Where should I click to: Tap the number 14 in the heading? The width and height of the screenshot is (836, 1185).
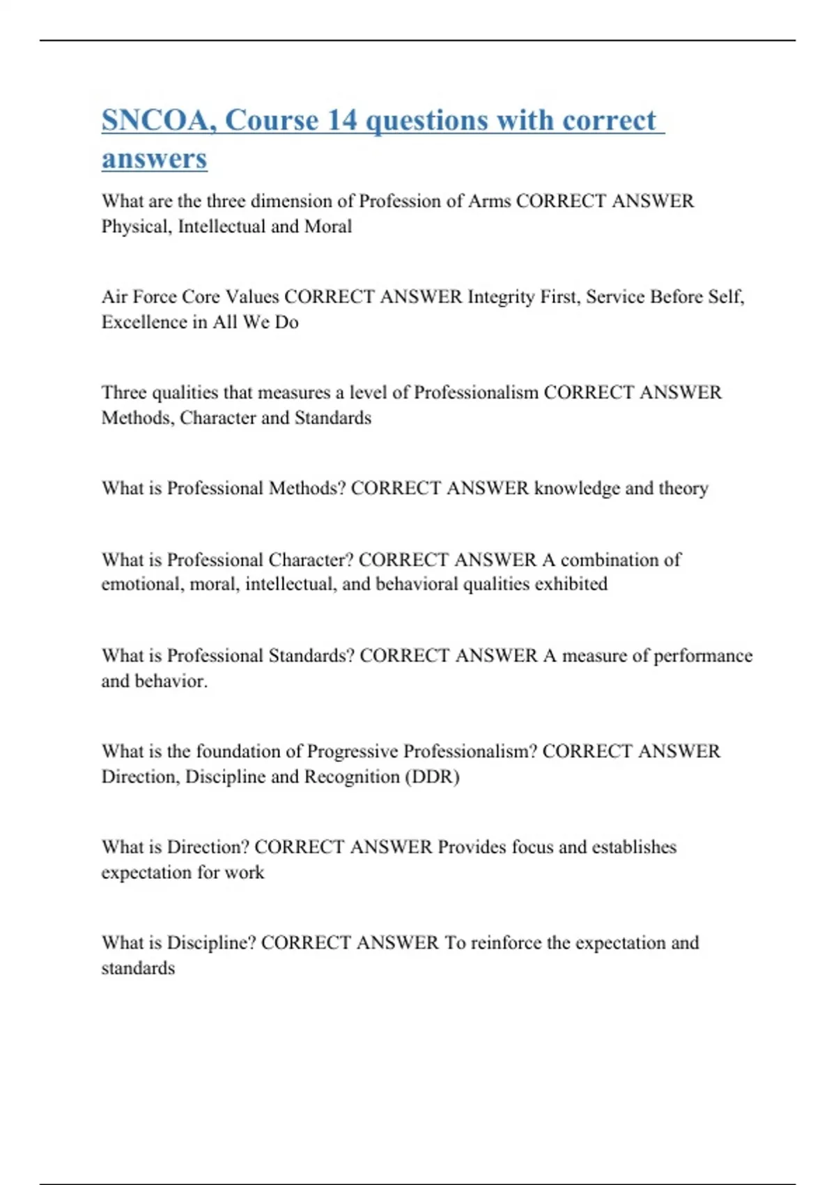pos(341,121)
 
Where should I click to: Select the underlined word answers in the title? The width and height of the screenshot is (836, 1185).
pos(155,159)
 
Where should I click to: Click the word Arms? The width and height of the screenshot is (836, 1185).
pos(489,201)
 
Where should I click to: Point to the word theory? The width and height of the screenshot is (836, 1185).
pos(683,489)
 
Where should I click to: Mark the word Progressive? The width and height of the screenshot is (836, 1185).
pos(353,751)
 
